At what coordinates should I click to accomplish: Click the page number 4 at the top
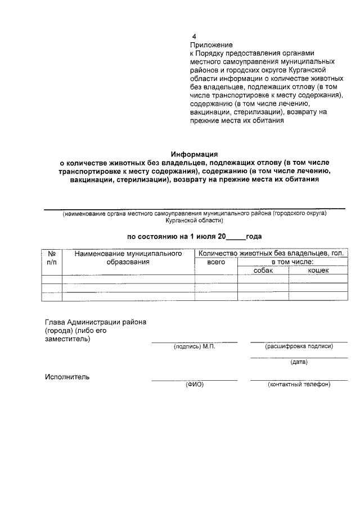coord(194,35)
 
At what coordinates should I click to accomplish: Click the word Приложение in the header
coord(211,44)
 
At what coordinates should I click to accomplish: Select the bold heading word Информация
coord(194,154)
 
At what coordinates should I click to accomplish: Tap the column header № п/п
coord(52,258)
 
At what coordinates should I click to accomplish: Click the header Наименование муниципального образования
coord(129,258)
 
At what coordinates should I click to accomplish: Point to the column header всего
coord(216,262)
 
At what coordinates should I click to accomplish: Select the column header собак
coord(263,271)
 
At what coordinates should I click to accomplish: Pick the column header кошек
coord(318,271)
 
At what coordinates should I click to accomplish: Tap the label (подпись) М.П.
coord(194,346)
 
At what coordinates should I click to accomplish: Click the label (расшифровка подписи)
coord(299,346)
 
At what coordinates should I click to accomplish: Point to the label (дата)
coord(298,362)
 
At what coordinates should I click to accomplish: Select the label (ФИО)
coord(194,385)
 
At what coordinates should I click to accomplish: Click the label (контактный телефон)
coord(299,385)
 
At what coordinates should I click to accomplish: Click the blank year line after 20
coord(233,237)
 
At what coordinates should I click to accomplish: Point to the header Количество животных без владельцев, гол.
coord(271,254)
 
